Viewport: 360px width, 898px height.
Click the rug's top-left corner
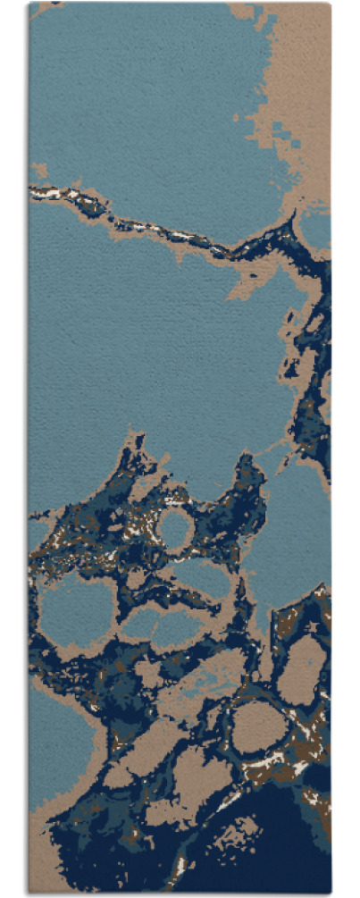click(x=30, y=4)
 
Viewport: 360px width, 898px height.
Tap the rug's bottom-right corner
click(x=331, y=894)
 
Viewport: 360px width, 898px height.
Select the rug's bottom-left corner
click(x=29, y=894)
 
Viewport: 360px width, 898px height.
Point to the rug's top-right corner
click(x=331, y=4)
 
